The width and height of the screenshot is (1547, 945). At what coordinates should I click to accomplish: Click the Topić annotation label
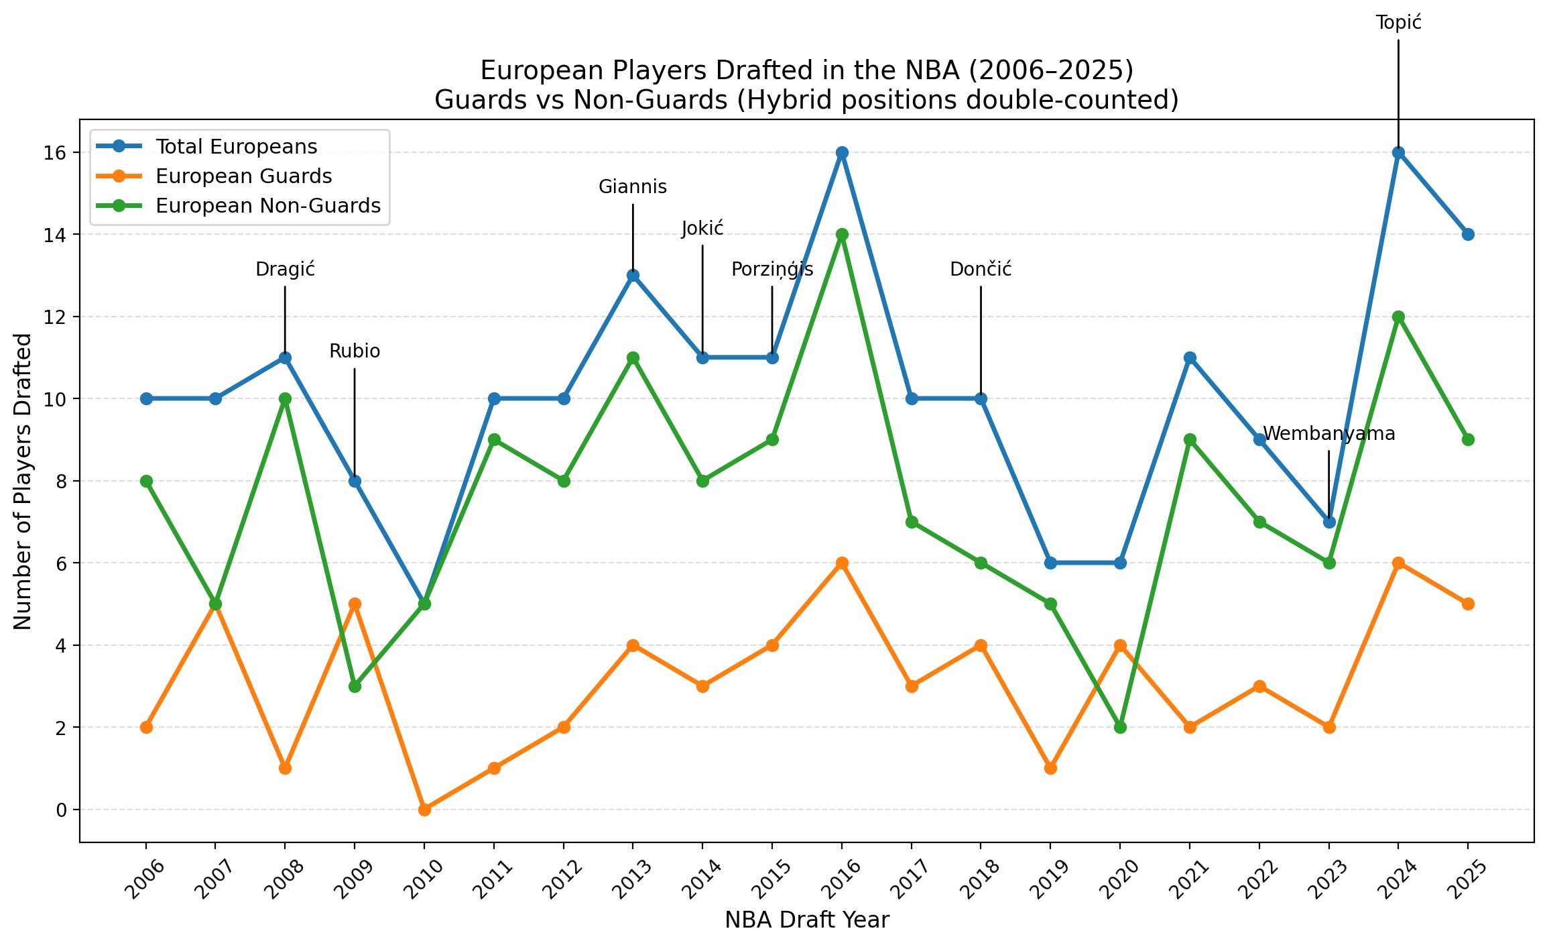pos(1398,23)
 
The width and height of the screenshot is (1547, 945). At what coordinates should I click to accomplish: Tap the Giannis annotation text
pos(632,187)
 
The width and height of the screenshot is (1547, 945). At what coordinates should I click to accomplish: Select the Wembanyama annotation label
pos(1328,434)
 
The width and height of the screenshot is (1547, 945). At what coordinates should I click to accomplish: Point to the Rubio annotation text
pos(355,351)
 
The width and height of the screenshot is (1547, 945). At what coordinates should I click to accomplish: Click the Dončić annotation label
pos(981,270)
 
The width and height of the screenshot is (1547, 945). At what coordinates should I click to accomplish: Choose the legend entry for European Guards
pos(243,176)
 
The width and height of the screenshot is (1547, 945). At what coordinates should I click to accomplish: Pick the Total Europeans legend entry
pos(236,147)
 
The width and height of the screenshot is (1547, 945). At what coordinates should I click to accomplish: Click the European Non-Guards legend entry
pos(267,206)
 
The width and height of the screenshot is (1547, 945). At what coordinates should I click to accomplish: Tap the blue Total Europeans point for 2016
pos(842,153)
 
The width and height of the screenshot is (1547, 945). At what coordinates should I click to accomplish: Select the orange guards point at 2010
pos(424,810)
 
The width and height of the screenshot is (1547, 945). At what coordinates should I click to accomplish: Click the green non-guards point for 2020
pos(1120,727)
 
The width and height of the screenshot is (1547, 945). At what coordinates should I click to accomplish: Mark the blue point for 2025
pos(1468,234)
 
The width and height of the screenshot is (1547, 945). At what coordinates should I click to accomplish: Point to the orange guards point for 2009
pos(355,604)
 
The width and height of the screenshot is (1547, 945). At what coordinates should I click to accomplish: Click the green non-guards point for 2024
pos(1398,317)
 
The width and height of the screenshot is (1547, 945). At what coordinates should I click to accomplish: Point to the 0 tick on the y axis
pos(62,810)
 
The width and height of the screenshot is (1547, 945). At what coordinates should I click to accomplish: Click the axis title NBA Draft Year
pos(806,920)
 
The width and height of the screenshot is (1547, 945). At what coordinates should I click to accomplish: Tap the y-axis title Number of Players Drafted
pos(23,481)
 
